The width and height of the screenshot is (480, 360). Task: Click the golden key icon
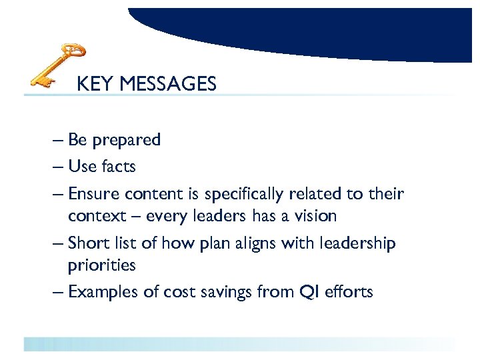coord(58,65)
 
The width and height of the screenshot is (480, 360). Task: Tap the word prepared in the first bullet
coord(127,141)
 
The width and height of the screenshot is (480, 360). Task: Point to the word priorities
coord(101,265)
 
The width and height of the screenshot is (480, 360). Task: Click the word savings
coord(213,291)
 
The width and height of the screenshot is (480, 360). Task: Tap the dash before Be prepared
coord(57,141)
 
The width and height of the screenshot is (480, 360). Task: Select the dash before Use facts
coord(57,166)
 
